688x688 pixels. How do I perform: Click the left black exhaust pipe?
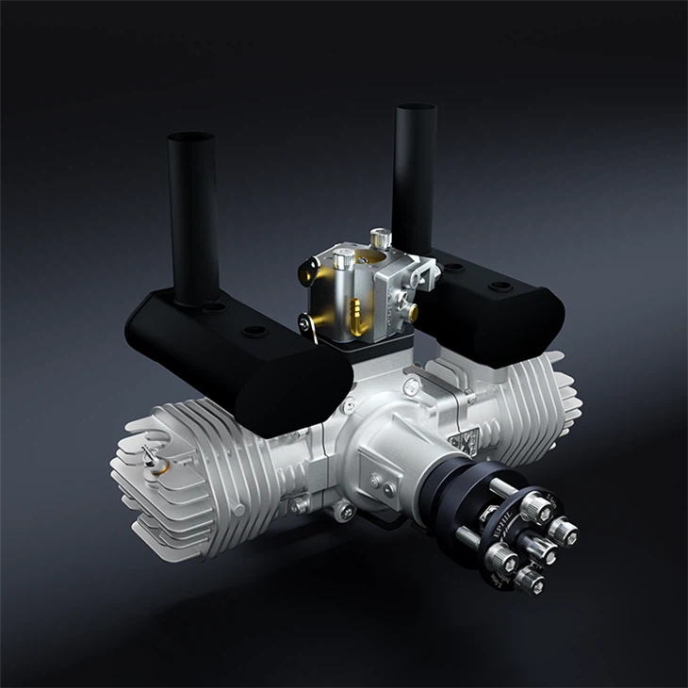pyautogui.click(x=194, y=217)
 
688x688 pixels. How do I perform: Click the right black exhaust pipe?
pyautogui.click(x=414, y=179)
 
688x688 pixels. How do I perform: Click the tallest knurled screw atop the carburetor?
pyautogui.click(x=380, y=237)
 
